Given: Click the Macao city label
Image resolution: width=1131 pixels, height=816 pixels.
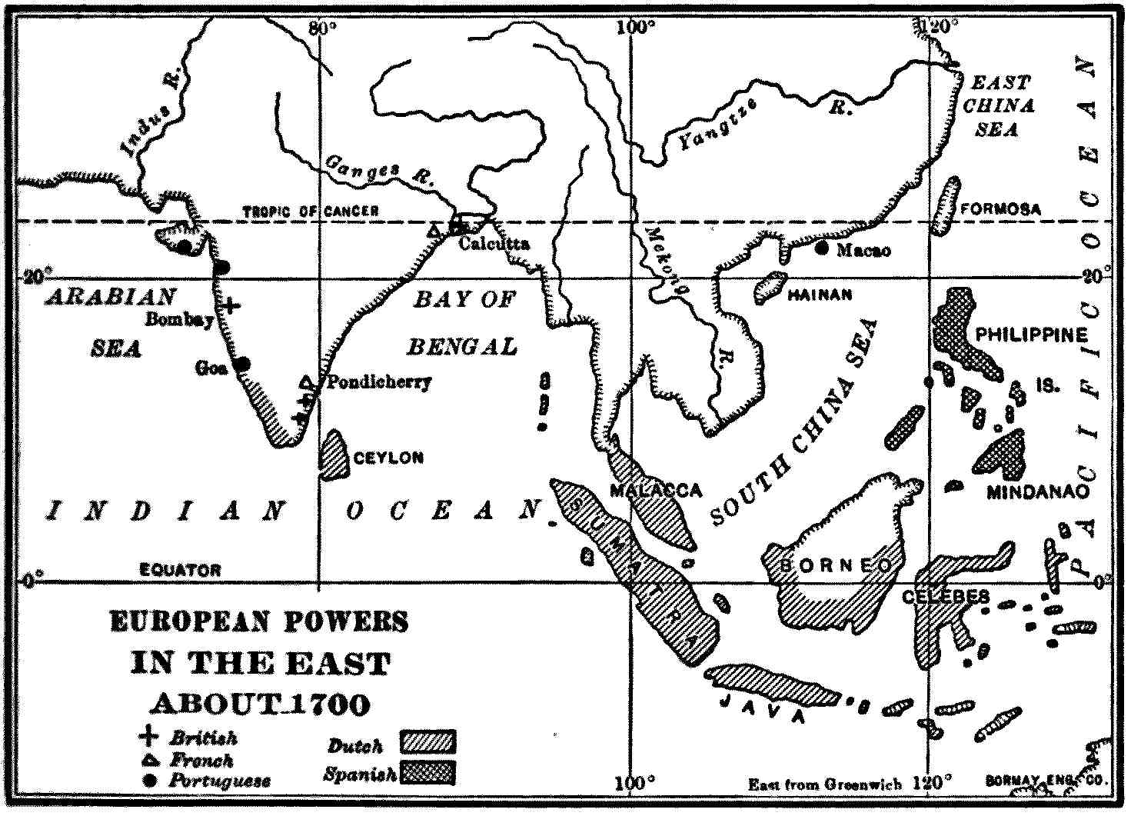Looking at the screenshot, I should [x=863, y=250].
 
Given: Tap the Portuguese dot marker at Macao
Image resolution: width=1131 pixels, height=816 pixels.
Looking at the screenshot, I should [x=823, y=248].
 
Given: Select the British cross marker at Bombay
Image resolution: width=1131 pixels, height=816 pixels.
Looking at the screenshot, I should [x=230, y=305].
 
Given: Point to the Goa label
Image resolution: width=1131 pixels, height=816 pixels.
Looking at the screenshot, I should [x=211, y=368].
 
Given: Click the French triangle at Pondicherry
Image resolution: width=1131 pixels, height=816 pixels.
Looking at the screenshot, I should [x=306, y=382].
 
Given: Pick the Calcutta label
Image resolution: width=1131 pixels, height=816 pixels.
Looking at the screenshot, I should [x=494, y=244].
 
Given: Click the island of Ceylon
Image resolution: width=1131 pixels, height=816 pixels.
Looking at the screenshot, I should [x=333, y=455].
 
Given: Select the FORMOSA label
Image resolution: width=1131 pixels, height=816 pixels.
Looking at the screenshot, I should [x=1001, y=209].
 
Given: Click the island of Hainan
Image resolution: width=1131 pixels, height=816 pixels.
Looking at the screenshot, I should [x=769, y=287].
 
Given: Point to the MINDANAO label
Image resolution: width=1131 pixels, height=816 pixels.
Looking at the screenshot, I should [x=1038, y=491].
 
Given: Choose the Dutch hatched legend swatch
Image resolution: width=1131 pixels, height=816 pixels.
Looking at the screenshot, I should [x=427, y=743].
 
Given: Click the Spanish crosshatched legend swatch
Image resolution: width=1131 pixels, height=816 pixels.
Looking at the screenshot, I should [x=427, y=773].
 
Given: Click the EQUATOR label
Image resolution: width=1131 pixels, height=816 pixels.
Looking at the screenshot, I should [x=180, y=571].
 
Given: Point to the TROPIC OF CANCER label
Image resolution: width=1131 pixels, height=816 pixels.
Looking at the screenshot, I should [x=311, y=211].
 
